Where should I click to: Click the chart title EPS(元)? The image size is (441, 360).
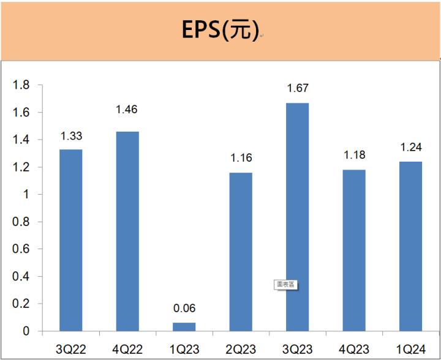pyautogui.click(x=220, y=30)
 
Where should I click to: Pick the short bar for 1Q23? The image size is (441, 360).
pyautogui.click(x=184, y=327)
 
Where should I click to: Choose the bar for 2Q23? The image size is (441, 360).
pyautogui.click(x=240, y=252)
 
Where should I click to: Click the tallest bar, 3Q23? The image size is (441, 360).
pyautogui.click(x=297, y=217)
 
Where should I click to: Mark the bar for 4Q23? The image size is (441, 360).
pyautogui.click(x=353, y=250)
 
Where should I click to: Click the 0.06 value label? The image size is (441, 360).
pyautogui.click(x=184, y=309)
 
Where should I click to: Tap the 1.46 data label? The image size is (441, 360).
pyautogui.click(x=127, y=110)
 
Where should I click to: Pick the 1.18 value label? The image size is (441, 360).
pyautogui.click(x=353, y=156)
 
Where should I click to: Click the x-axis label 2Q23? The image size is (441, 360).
pyautogui.click(x=240, y=348)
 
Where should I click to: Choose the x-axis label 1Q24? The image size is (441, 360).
pyautogui.click(x=410, y=348)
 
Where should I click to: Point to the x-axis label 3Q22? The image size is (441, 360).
pyautogui.click(x=70, y=348)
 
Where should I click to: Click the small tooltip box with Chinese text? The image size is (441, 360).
pyautogui.click(x=285, y=285)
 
